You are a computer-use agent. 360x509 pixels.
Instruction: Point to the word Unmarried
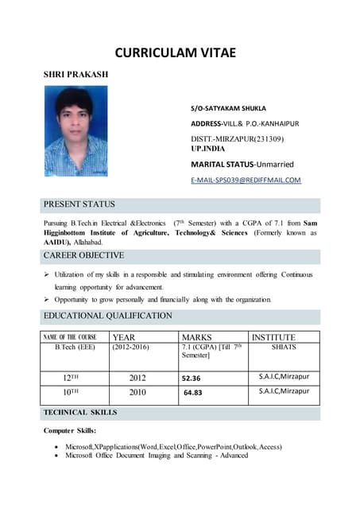pos(271,165)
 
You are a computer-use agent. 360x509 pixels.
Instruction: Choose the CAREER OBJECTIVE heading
pos(84,256)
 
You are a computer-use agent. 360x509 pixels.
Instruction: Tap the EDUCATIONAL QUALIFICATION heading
pos(108,316)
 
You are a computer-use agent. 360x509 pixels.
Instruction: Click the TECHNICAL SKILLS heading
pos(80,414)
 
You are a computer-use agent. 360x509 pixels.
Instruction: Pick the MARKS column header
pos(197,337)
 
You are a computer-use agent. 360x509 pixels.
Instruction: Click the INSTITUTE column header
pos(273,337)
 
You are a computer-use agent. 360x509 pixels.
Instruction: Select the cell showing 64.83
pos(193,393)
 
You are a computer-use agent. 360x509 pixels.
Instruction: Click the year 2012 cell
pos(137,378)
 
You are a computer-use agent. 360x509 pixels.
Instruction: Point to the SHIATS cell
pos(284,348)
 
